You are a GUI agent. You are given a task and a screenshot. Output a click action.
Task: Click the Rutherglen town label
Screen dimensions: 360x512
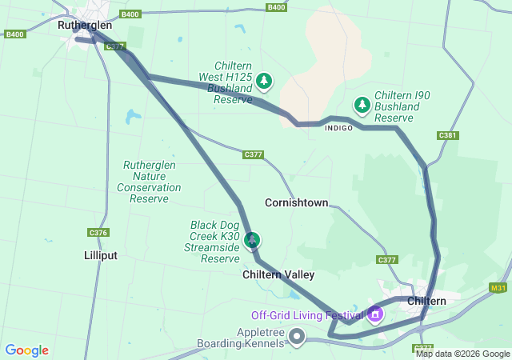[x=82, y=25]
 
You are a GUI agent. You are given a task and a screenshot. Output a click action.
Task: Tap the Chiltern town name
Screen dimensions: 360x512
[x=426, y=301]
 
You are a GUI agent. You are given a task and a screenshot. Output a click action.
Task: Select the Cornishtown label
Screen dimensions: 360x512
[x=296, y=202]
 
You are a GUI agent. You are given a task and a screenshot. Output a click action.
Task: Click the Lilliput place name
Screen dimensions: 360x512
[x=100, y=255]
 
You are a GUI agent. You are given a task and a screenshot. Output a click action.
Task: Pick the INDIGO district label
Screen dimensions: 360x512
[x=338, y=128]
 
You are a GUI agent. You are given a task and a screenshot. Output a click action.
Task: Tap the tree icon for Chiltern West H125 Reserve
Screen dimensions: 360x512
[x=264, y=81]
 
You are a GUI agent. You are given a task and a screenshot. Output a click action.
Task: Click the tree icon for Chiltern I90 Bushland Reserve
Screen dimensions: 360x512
[x=362, y=104]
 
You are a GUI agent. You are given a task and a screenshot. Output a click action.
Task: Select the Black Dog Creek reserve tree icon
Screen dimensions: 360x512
[x=253, y=238]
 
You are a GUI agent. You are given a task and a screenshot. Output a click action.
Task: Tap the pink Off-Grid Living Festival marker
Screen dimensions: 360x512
[x=375, y=314]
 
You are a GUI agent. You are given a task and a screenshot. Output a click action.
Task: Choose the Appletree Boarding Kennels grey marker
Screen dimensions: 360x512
[x=297, y=336]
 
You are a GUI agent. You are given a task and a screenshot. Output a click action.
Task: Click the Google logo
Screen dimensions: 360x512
[x=26, y=350]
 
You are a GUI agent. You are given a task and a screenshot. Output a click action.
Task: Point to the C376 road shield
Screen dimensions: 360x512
[x=98, y=233]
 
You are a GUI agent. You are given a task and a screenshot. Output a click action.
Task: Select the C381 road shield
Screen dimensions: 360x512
[x=448, y=135]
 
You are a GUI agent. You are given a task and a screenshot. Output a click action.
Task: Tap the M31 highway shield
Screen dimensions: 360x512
[x=498, y=288]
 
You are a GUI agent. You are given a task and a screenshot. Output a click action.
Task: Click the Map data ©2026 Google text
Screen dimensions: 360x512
[x=462, y=354]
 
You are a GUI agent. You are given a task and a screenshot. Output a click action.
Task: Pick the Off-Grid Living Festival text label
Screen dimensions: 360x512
[x=307, y=314]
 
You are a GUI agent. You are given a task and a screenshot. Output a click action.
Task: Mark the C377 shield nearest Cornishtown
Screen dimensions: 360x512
[x=254, y=154]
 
